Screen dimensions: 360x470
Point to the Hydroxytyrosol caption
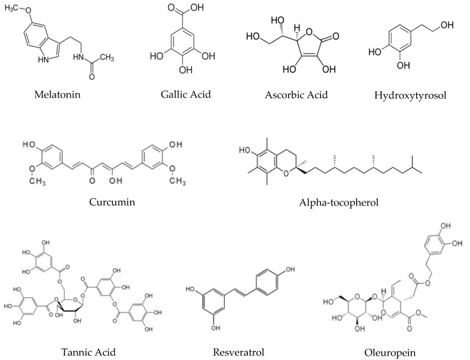(x=408, y=96)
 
